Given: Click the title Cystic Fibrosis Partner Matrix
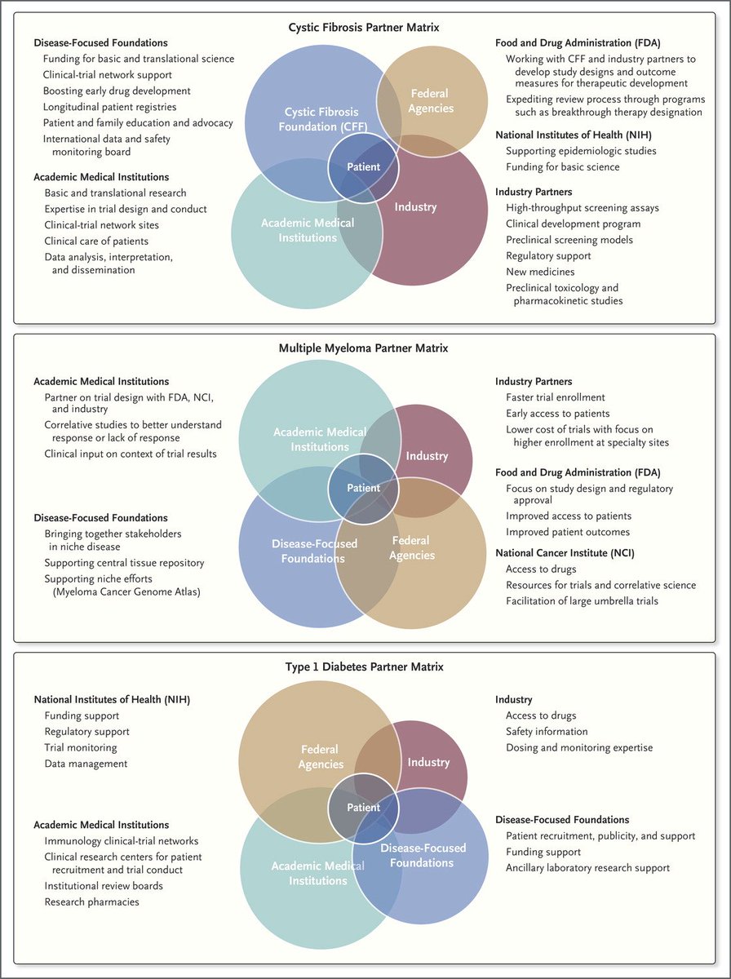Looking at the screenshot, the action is tap(364, 27).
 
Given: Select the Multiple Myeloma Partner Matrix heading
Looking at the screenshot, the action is tap(364, 348).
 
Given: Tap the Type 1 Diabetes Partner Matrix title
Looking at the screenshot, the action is tap(364, 667).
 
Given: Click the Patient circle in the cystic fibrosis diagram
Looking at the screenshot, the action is tap(364, 166).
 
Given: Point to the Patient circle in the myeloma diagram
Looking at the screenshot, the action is tap(364, 488).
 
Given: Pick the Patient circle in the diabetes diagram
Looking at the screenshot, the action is tap(364, 808).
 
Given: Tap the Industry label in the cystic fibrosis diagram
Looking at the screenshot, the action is tap(415, 206).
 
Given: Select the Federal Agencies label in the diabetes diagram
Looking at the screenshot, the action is tap(321, 757).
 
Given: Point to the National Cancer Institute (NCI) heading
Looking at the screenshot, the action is tap(565, 553).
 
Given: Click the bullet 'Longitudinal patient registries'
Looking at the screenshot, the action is tap(109, 107).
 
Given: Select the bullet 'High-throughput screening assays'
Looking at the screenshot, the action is tap(582, 208).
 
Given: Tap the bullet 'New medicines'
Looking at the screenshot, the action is tap(540, 272).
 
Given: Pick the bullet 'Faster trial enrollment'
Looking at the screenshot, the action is tap(556, 397).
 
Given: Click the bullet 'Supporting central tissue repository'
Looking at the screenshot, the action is tap(124, 563).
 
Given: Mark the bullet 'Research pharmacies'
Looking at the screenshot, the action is tap(91, 901).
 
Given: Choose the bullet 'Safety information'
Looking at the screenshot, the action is tap(547, 732).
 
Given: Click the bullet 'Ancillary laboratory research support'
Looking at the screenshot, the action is tap(587, 867).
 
